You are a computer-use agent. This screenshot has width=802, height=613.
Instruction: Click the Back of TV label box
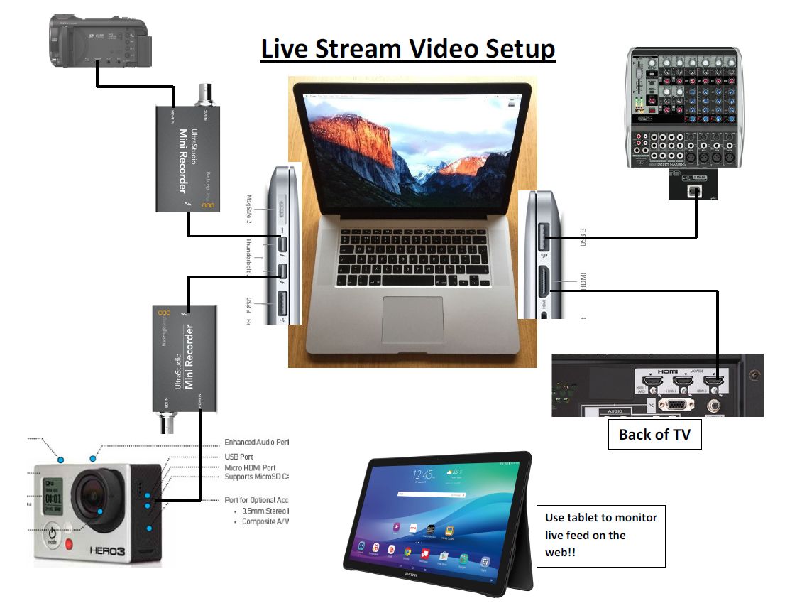click(654, 435)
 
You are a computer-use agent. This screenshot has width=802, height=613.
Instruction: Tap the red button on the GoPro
click(70, 545)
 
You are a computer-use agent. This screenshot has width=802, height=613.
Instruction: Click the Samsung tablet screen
click(434, 511)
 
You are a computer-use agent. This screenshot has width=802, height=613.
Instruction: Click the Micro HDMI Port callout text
click(250, 467)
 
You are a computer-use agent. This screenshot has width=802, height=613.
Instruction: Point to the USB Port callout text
click(238, 457)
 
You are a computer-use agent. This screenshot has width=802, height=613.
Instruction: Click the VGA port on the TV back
click(676, 405)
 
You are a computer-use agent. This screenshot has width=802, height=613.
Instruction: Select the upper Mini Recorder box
click(188, 157)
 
